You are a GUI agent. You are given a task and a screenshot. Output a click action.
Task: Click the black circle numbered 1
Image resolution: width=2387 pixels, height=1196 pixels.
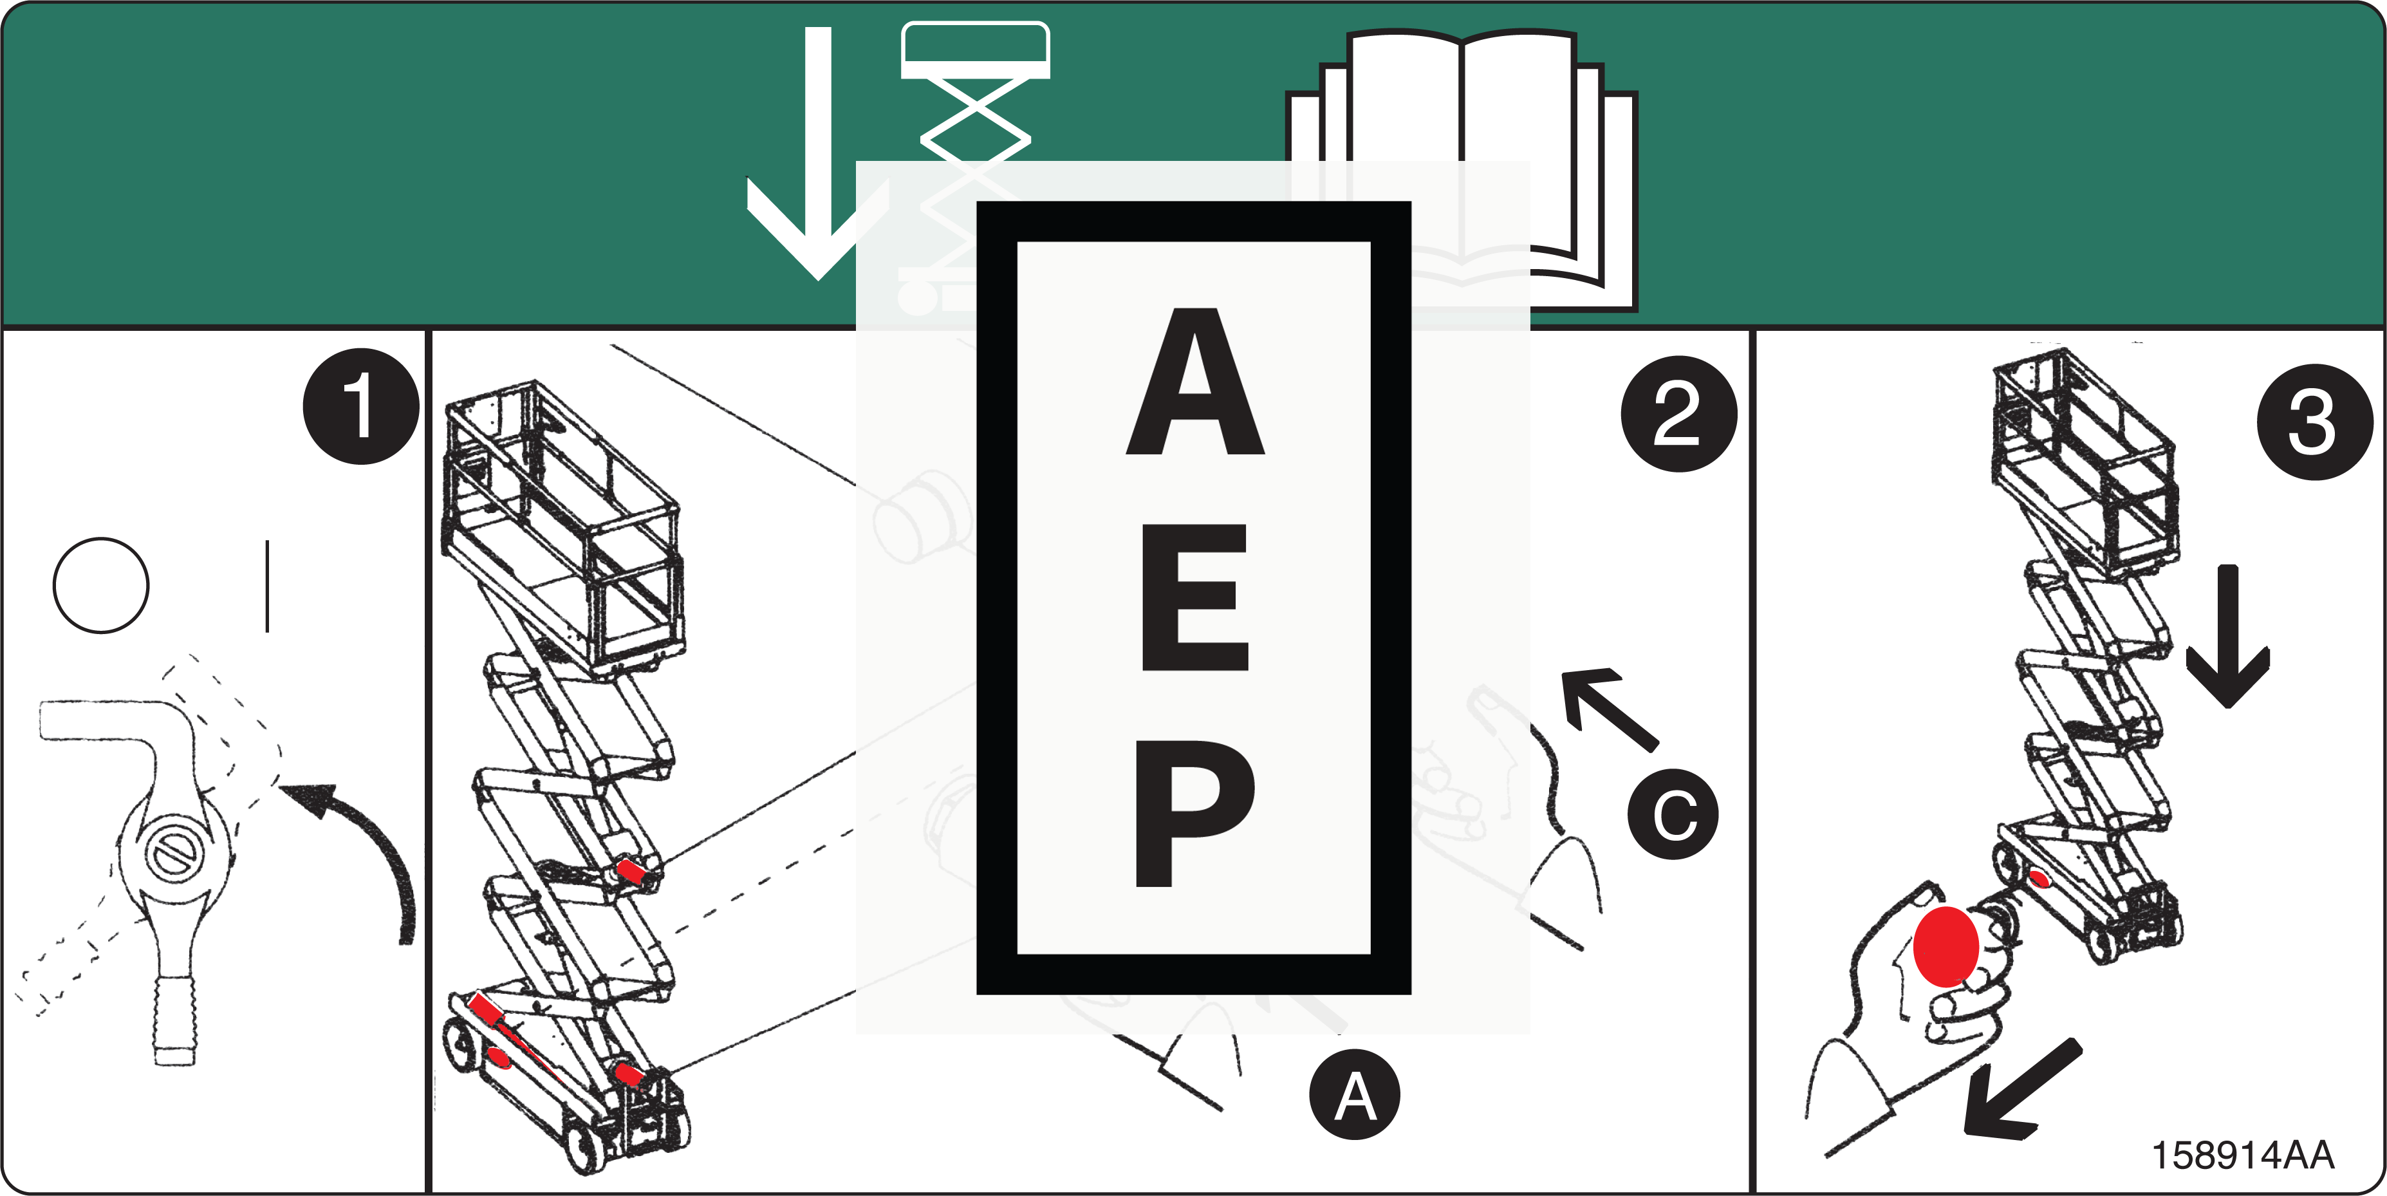(360, 406)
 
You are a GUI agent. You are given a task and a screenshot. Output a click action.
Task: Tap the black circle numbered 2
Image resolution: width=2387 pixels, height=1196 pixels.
(1678, 413)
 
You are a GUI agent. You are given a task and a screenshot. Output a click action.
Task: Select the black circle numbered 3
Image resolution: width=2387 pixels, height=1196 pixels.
(2314, 422)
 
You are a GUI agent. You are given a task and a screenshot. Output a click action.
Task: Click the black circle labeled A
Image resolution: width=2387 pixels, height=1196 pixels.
(1354, 1096)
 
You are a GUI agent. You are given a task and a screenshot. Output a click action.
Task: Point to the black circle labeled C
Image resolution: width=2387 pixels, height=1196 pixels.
(1673, 814)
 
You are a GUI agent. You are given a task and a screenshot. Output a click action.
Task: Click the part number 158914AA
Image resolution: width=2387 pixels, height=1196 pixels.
(2242, 1155)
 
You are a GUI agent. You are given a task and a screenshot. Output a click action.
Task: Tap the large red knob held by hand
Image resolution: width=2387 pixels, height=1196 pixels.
(1946, 946)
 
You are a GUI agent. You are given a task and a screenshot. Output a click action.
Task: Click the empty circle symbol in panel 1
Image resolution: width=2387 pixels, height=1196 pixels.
(101, 585)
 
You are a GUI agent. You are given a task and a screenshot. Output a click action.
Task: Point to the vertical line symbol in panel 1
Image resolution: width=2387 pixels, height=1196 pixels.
(267, 586)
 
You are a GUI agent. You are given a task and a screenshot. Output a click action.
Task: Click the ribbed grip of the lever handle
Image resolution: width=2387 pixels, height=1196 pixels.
(174, 1020)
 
